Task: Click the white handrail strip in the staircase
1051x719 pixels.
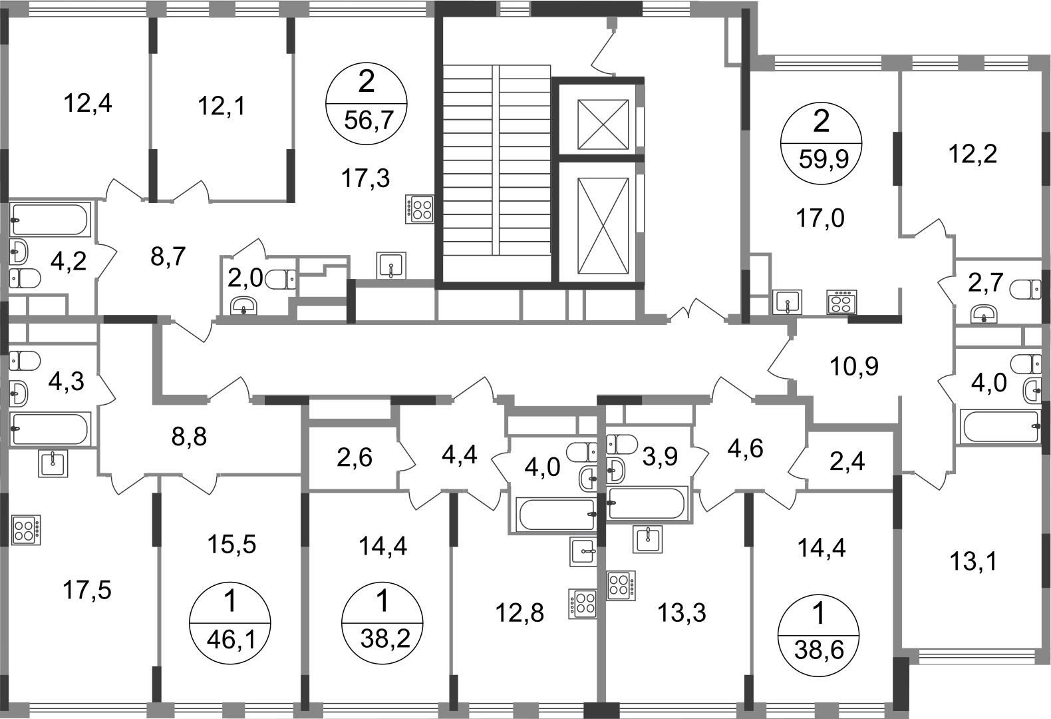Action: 495,160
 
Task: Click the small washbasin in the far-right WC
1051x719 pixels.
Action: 983,312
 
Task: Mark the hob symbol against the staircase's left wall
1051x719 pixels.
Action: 420,210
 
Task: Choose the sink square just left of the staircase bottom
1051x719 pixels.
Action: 391,264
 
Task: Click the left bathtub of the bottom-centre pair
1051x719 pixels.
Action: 554,513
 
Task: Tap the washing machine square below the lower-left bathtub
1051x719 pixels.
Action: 53,463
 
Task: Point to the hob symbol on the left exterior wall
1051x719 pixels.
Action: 25,529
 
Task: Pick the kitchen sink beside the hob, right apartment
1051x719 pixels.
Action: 788,300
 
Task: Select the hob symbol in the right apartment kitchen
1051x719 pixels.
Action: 842,300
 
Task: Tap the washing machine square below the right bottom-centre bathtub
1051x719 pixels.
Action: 646,539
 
